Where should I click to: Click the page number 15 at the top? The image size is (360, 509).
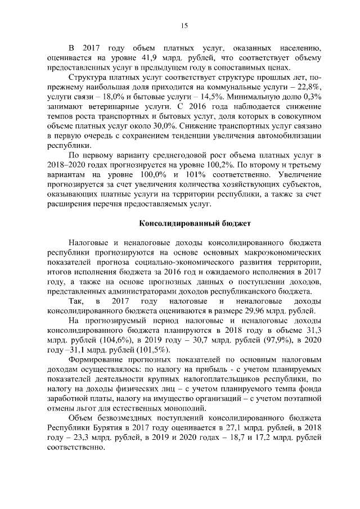click(183, 25)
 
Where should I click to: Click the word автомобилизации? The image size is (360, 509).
click(290, 136)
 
